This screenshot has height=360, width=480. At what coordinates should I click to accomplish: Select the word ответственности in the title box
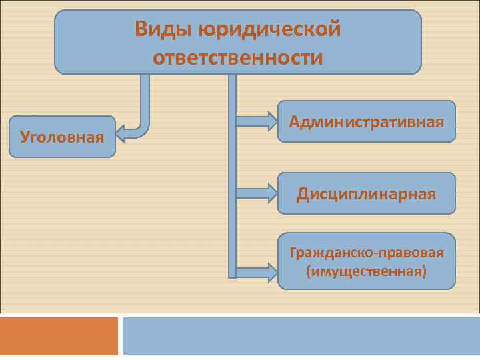click(x=238, y=57)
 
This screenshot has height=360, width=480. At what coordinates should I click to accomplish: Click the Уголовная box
click(x=62, y=137)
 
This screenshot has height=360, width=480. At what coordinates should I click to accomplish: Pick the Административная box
click(x=367, y=121)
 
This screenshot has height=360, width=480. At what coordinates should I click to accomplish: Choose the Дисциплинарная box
click(x=367, y=193)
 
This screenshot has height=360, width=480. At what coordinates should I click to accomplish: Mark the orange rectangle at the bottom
click(x=59, y=335)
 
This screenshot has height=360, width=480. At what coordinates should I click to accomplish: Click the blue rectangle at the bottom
click(x=301, y=335)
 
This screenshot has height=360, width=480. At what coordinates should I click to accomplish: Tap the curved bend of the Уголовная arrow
click(x=143, y=128)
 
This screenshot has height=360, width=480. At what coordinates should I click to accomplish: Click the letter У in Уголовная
click(x=25, y=137)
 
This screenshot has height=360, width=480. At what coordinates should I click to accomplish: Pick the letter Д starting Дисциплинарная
click(x=303, y=194)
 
